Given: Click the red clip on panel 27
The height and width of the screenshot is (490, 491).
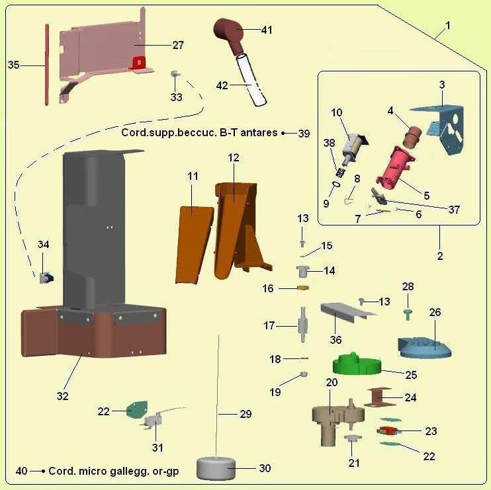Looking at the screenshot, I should pos(138,62).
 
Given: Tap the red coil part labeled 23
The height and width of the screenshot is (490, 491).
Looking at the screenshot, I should pos(386,432).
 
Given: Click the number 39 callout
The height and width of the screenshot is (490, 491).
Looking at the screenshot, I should pos(304,133).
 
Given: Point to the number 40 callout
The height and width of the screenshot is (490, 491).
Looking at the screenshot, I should pos(21,471).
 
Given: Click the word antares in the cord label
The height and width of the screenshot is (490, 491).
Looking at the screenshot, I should pos(259,132).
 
